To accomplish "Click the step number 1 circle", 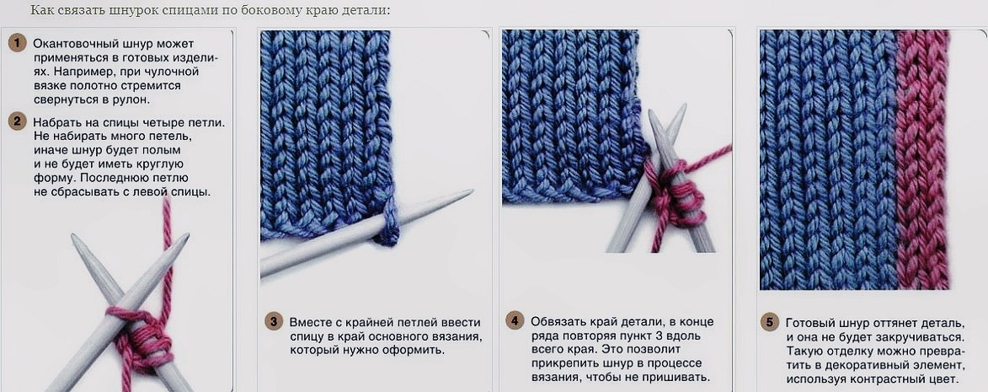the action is pyautogui.click(x=17, y=44).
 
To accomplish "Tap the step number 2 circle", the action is pyautogui.click(x=17, y=121).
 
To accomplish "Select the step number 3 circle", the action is pyautogui.click(x=274, y=321).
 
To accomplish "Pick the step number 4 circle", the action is pyautogui.click(x=515, y=321).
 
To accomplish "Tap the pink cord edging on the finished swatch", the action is pyautogui.click(x=922, y=159).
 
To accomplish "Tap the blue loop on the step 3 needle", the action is pyautogui.click(x=389, y=223).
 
